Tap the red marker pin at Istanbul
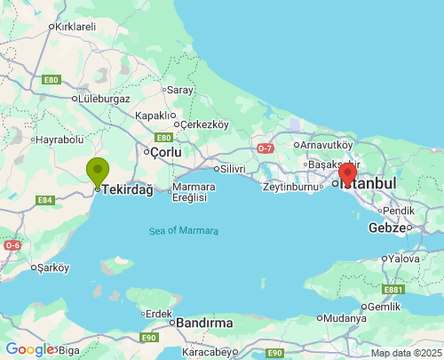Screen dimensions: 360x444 coord(348,172)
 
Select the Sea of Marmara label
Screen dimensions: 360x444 coord(184,231)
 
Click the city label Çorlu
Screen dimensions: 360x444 coord(166,153)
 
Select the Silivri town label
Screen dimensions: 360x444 coord(233,168)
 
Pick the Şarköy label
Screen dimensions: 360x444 coord(52,268)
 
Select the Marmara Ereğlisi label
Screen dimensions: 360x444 coord(190,193)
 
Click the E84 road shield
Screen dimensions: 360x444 coord(45,200)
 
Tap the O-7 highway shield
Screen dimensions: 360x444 coord(266,148)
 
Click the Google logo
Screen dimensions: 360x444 coord(29,349)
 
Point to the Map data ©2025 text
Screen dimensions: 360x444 coord(406,353)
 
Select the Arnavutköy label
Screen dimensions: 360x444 coord(327,145)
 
